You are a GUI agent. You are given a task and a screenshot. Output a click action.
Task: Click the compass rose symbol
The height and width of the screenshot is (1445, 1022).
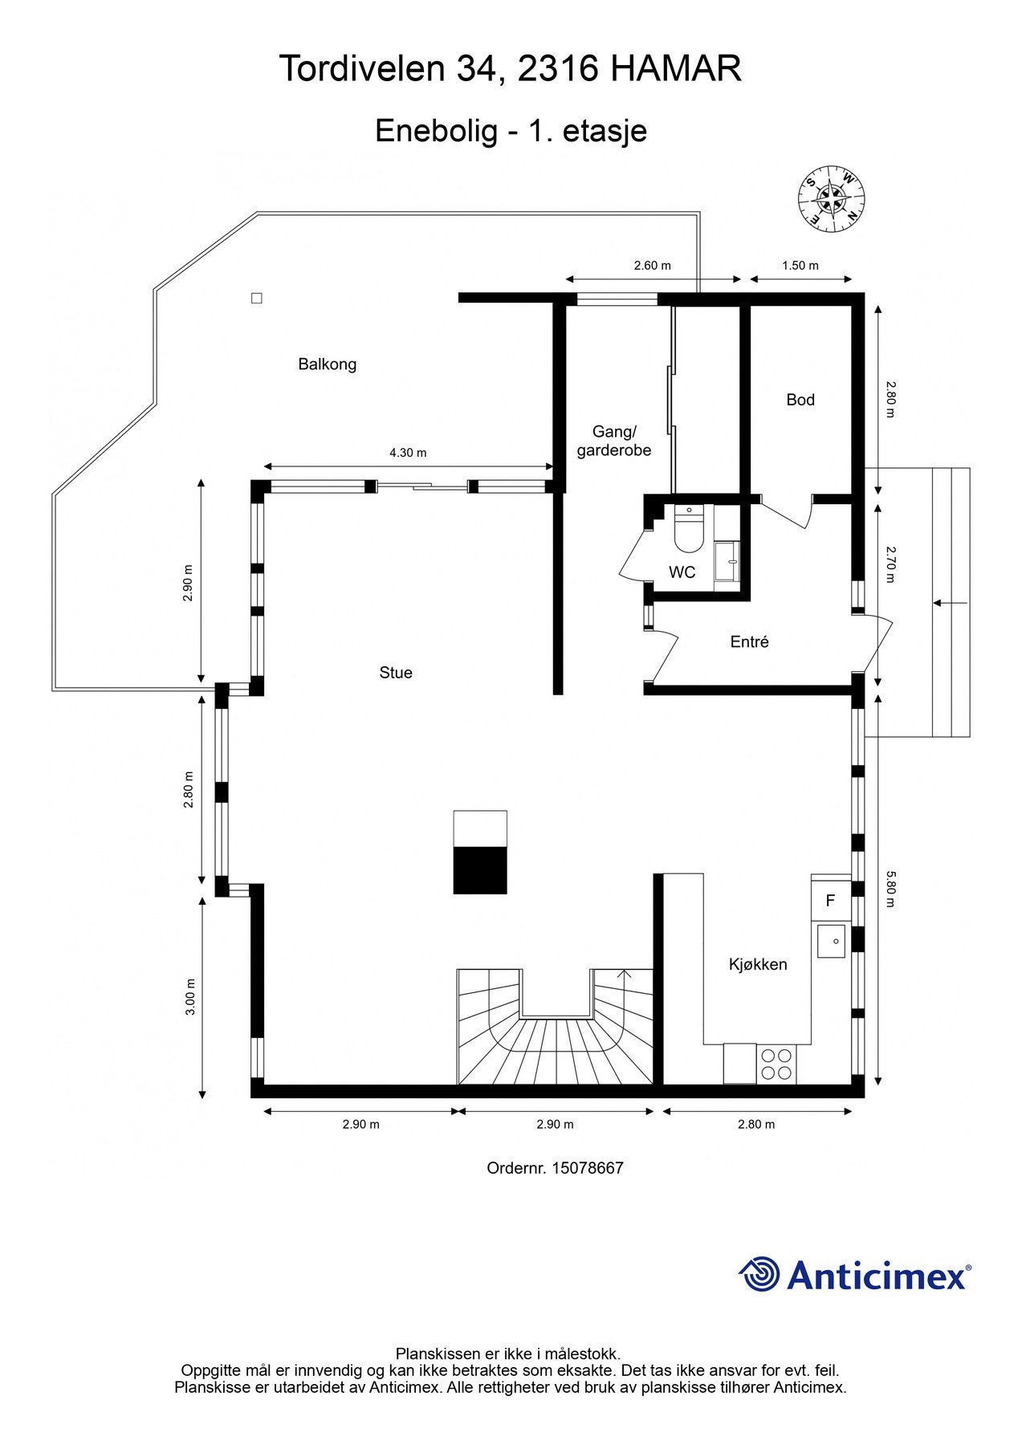pyautogui.click(x=831, y=198)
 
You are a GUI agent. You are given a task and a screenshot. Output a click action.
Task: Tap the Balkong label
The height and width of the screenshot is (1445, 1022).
pyautogui.click(x=327, y=364)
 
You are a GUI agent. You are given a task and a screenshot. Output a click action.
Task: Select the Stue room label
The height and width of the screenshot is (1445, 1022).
pyautogui.click(x=396, y=673)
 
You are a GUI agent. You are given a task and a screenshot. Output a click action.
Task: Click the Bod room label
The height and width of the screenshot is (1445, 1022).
pyautogui.click(x=800, y=400)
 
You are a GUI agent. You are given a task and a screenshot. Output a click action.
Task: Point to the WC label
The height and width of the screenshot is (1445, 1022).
pyautogui.click(x=682, y=572)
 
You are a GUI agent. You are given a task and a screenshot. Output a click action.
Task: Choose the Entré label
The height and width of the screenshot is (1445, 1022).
pyautogui.click(x=750, y=641)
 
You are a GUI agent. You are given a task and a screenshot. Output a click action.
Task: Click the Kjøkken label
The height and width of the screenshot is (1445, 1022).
pyautogui.click(x=758, y=964)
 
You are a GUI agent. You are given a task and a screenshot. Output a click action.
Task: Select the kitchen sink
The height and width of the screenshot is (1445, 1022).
pyautogui.click(x=831, y=941)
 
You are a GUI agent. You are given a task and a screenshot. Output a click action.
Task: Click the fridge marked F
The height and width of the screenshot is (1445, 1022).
pyautogui.click(x=831, y=900)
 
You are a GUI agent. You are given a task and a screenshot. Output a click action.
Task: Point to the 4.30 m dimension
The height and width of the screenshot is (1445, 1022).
pyautogui.click(x=408, y=453)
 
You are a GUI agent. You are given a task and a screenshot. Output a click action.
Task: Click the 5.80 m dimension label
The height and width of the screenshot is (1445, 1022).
pyautogui.click(x=890, y=889)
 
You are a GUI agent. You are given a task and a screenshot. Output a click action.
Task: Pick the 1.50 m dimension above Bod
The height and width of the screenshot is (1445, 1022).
pyautogui.click(x=800, y=266)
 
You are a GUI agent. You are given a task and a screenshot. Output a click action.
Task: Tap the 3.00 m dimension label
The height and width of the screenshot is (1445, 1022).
pyautogui.click(x=190, y=997)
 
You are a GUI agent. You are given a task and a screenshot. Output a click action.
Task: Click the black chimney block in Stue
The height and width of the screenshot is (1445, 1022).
pyautogui.click(x=480, y=870)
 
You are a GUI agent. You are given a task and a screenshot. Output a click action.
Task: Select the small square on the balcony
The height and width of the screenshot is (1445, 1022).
pyautogui.click(x=257, y=299)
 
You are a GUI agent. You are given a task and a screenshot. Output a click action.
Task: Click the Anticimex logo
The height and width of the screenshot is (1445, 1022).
pyautogui.click(x=855, y=1275)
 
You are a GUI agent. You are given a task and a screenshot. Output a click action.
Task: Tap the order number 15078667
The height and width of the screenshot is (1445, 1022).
pyautogui.click(x=588, y=1168)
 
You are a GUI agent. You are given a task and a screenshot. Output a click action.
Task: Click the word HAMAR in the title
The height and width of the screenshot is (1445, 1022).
pyautogui.click(x=675, y=69)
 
